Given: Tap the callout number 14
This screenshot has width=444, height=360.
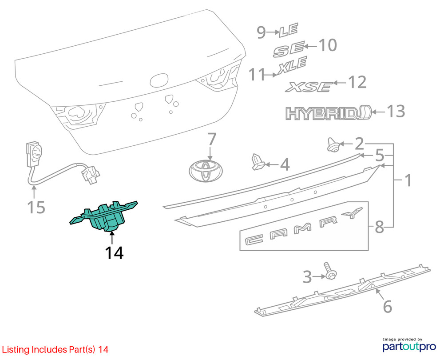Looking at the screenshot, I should pyautogui.click(x=114, y=252).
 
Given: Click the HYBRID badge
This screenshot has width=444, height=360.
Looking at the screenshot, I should pyautogui.click(x=328, y=113).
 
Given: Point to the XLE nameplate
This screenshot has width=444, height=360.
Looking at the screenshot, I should pyautogui.click(x=292, y=67).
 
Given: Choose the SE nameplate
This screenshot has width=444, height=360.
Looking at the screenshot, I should pyautogui.click(x=289, y=49).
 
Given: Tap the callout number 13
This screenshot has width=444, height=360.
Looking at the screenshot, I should pyautogui.click(x=396, y=111).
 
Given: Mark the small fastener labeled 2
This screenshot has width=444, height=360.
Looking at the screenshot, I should pyautogui.click(x=333, y=144).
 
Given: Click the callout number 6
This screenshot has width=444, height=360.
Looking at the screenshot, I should pyautogui.click(x=387, y=306).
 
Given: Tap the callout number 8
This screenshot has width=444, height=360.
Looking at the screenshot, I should pyautogui.click(x=379, y=228).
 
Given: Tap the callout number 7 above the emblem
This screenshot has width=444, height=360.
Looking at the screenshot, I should pyautogui.click(x=211, y=140).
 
